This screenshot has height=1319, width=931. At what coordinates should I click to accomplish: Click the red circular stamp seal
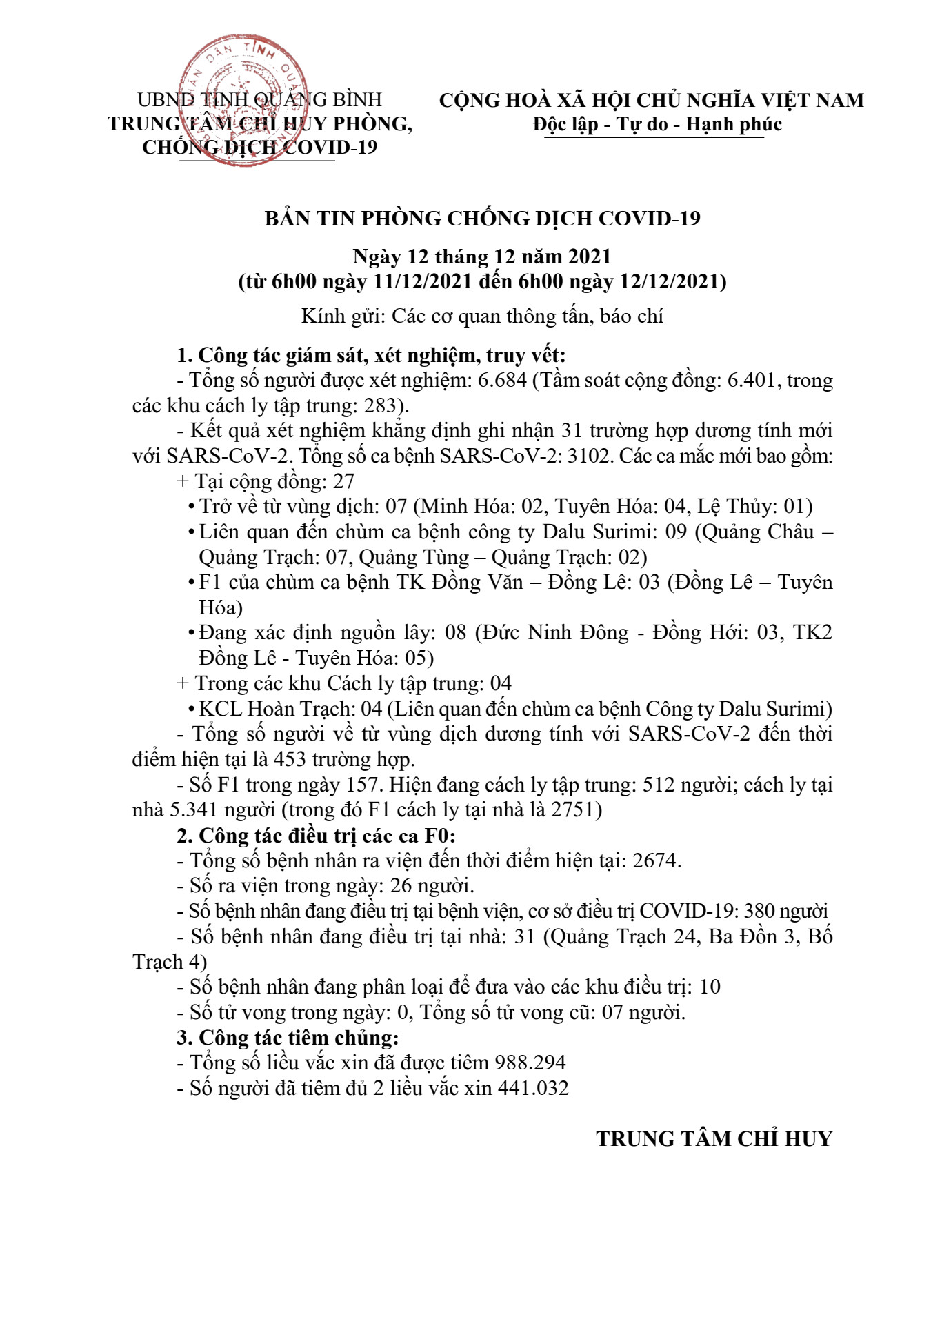[x=243, y=101]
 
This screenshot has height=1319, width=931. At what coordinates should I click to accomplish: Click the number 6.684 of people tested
[x=502, y=380]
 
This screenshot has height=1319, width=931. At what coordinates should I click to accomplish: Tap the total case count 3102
[x=590, y=456]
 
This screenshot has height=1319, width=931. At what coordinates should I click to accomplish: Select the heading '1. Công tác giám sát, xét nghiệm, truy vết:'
[x=371, y=355]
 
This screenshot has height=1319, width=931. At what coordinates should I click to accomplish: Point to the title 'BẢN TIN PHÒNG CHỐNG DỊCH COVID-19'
[x=482, y=219]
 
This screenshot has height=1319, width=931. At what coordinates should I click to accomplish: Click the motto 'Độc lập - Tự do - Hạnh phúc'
[x=657, y=125]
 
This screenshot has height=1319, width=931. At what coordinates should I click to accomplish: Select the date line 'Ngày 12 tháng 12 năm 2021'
[x=482, y=256]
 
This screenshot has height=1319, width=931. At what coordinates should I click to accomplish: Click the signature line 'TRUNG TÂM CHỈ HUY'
[x=714, y=1138]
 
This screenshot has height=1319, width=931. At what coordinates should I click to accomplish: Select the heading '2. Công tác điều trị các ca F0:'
[x=316, y=836]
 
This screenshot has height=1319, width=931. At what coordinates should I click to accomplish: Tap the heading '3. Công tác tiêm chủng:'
[x=288, y=1038]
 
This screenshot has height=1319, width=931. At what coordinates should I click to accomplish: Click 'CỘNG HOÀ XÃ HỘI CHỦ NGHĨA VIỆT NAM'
[x=651, y=101]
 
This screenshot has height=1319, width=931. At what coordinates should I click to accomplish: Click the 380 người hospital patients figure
[x=785, y=911]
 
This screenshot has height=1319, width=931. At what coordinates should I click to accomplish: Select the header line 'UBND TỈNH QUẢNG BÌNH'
[x=259, y=101]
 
